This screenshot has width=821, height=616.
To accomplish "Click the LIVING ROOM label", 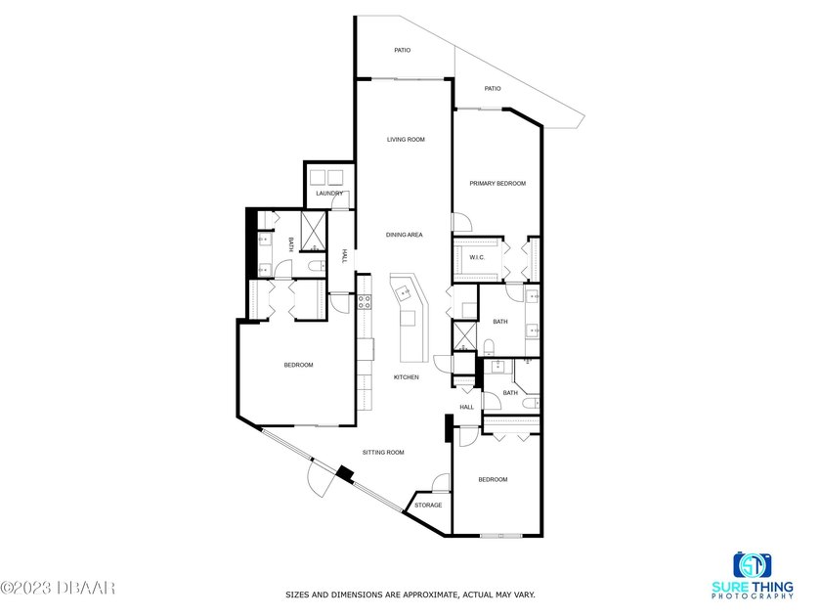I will (x=406, y=140).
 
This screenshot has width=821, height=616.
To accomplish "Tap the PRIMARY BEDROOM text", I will (x=497, y=183).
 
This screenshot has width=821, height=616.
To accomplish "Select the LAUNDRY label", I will (x=329, y=193).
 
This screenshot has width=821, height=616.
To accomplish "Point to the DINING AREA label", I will (x=404, y=235).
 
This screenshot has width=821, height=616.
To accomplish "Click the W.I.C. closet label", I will (x=477, y=258).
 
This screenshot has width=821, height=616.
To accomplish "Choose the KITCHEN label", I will (x=407, y=377).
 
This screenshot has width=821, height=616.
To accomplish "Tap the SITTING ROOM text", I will (x=383, y=453).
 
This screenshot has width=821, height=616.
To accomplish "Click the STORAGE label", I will (x=428, y=506).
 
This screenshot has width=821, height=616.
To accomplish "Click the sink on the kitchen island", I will (x=403, y=291).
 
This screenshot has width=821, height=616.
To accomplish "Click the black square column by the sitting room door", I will (x=344, y=474).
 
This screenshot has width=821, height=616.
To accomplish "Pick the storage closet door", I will (x=441, y=482).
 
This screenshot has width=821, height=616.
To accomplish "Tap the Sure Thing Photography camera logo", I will (x=754, y=565).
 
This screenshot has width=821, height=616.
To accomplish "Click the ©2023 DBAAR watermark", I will (x=59, y=588).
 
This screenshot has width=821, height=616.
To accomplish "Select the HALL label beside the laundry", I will (x=344, y=256).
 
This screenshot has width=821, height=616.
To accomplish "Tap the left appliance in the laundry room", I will (x=319, y=177).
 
